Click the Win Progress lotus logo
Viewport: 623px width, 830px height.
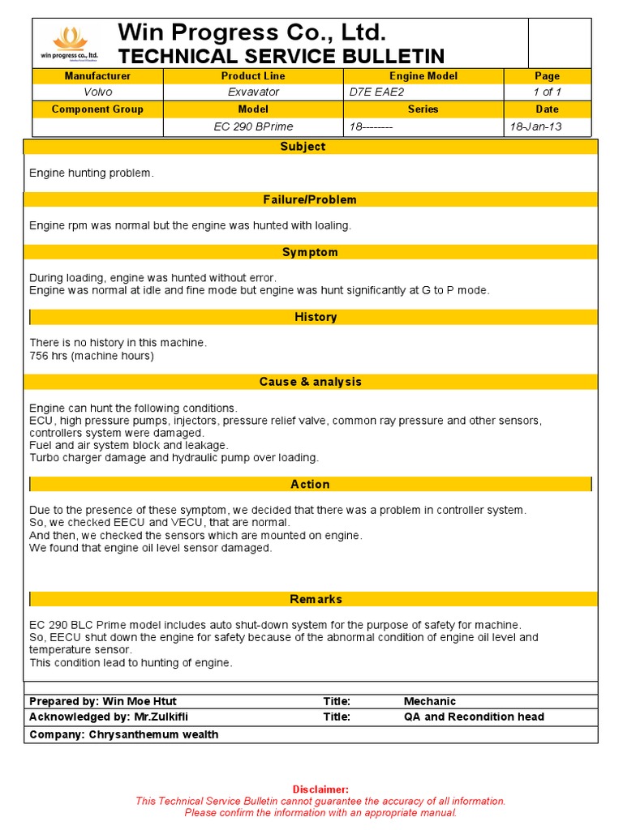coord(69,43)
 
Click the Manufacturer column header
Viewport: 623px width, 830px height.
coord(97,76)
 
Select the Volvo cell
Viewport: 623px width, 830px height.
coord(97,92)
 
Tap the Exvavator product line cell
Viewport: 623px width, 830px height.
coord(253,92)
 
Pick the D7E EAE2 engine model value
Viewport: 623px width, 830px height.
coord(376,92)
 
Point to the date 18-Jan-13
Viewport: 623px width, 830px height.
coord(535,126)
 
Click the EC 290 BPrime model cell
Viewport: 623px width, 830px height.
coord(253,126)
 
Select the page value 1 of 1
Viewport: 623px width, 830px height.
coord(547,92)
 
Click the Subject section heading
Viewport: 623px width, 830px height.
coord(303,147)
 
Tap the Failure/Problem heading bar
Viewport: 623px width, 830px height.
coord(310,199)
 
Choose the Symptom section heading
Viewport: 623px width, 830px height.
coord(310,252)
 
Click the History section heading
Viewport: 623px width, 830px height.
coord(316,317)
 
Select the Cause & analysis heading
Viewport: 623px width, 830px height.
coord(310,382)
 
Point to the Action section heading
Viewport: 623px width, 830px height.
coord(310,484)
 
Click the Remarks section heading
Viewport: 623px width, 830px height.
coord(316,599)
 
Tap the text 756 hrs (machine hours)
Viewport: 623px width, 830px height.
coord(92,356)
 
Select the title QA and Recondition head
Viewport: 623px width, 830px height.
coord(474,717)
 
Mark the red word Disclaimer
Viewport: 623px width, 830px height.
coord(320,789)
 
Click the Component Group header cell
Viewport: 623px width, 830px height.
coord(97,109)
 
